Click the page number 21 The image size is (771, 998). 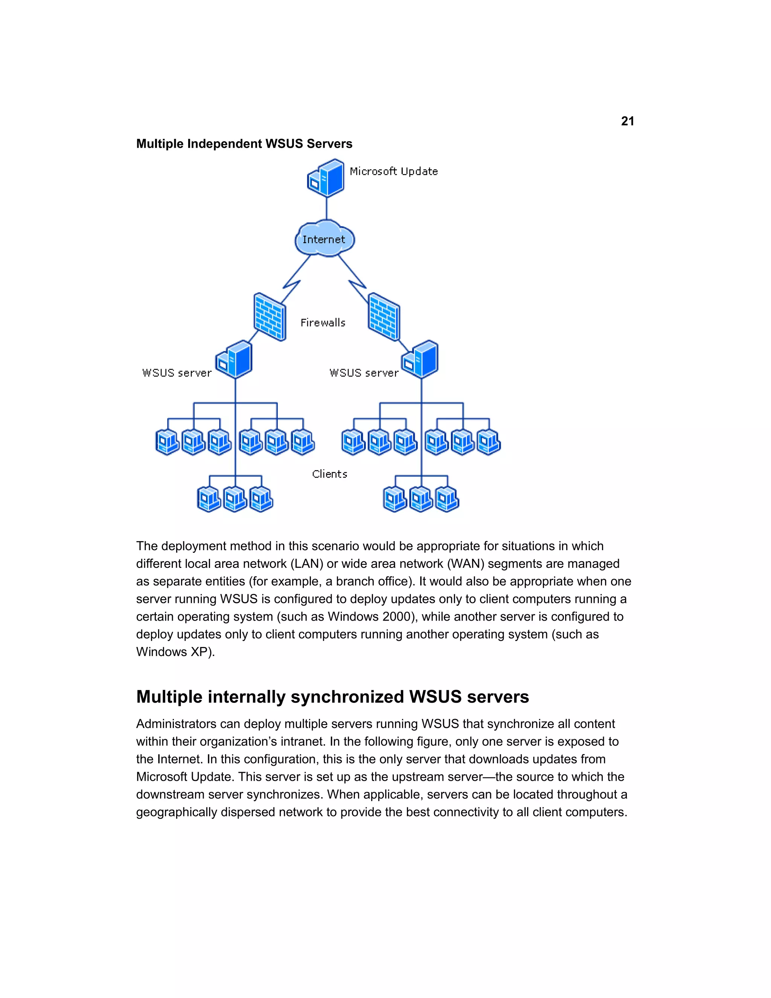coord(627,121)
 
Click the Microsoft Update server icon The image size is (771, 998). coord(326,178)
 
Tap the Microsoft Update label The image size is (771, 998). coord(393,171)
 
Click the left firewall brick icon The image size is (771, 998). coord(270,317)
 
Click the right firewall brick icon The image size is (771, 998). coord(384,317)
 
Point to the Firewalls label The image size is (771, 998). coord(323,323)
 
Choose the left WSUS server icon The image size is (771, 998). coord(234,359)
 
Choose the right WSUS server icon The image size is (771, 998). coord(420,359)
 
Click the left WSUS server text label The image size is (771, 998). coord(177,373)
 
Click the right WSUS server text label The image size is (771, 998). coord(364,373)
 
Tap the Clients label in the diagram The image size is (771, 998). coord(329,474)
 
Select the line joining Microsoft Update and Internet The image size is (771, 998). coord(326,208)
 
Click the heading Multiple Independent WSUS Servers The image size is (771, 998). coord(244,143)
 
